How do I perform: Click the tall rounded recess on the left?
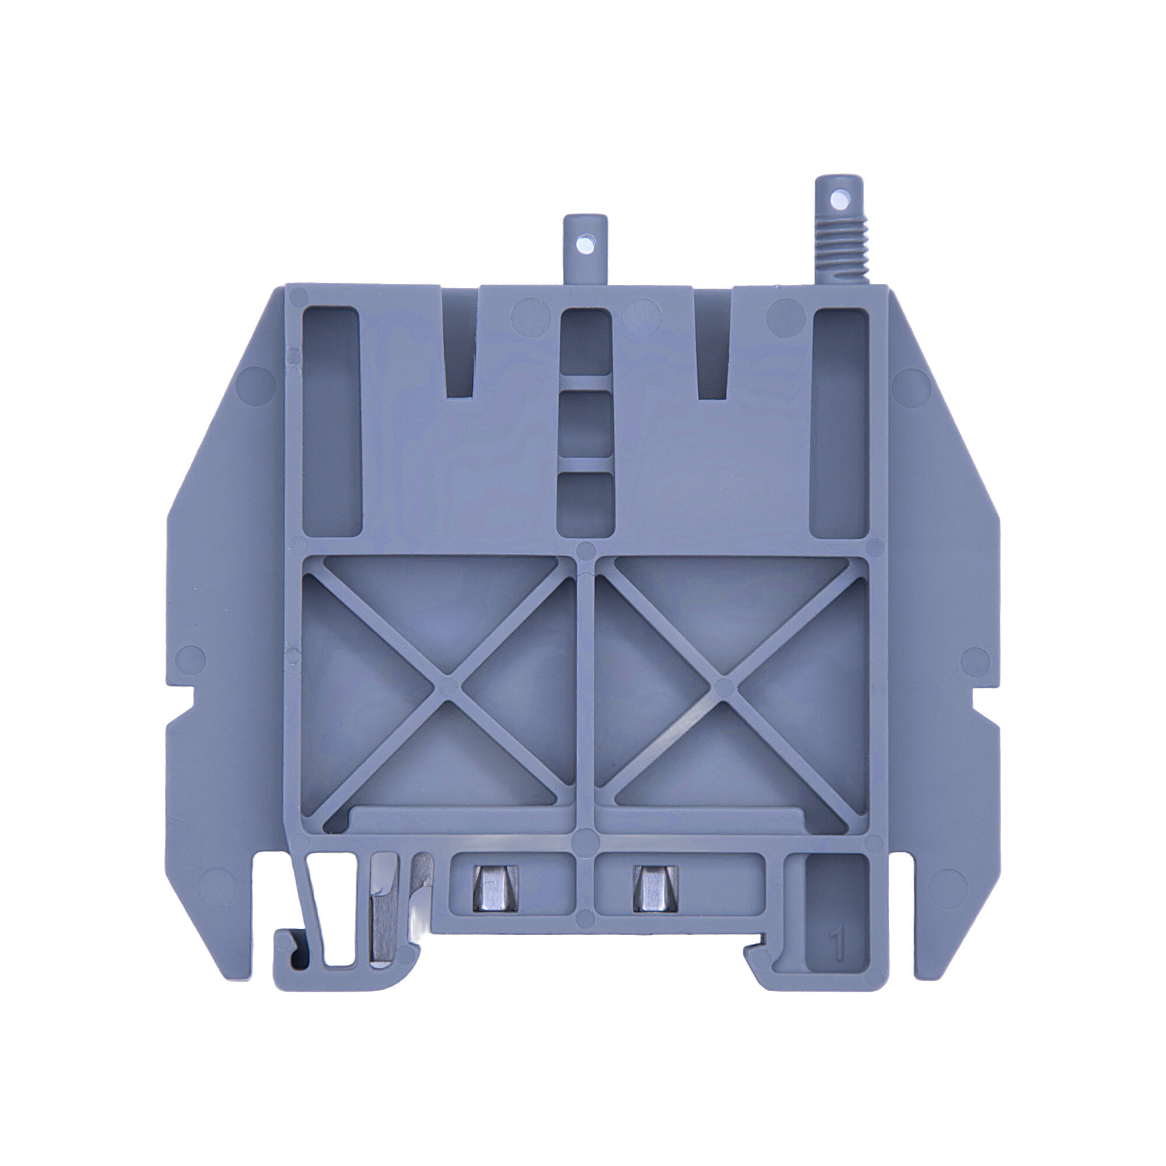tap(331, 423)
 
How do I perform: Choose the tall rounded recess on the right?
tap(840, 423)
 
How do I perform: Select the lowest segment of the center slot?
tap(584, 504)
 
